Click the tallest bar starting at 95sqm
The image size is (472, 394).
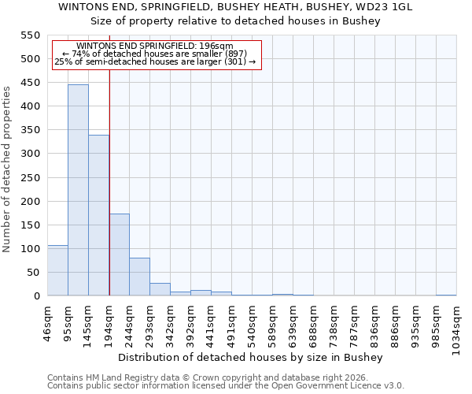pos(78,190)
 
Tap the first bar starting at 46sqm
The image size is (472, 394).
pos(57,270)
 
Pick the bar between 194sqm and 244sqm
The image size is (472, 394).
pos(119,255)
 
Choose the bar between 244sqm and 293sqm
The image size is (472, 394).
pos(139,277)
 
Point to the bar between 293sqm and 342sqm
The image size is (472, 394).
pos(160,289)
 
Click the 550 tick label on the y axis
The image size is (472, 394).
pos(30,35)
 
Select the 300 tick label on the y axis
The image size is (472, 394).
pos(30,154)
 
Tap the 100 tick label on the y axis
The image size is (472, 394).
pos(30,249)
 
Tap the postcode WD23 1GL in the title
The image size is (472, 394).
pos(385,7)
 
